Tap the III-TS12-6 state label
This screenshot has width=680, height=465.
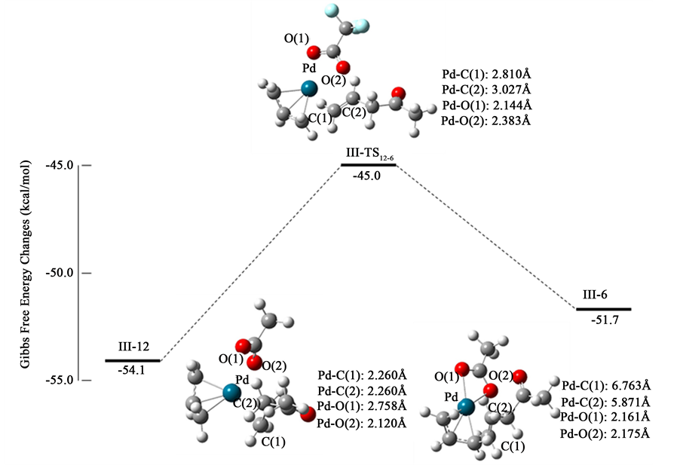(x=368, y=154)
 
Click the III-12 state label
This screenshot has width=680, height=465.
(x=133, y=347)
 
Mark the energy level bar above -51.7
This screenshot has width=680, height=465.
(x=603, y=308)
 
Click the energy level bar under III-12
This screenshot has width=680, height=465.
(x=133, y=360)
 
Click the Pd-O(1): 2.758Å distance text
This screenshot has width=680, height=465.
(x=363, y=408)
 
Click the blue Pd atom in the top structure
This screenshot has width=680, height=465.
(x=308, y=89)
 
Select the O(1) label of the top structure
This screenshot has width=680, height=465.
(x=296, y=36)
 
